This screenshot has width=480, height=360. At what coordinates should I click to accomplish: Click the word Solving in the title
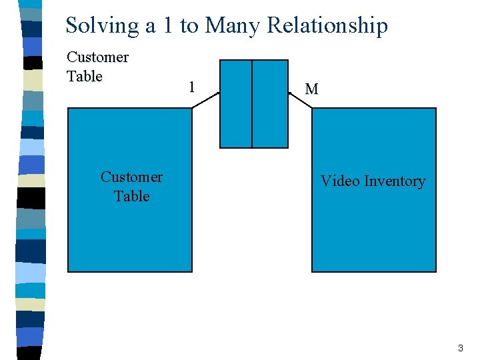102,25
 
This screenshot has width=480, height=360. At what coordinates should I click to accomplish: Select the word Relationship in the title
327,25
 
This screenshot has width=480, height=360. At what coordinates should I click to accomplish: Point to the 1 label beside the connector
191,87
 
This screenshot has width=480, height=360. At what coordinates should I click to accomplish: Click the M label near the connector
311,89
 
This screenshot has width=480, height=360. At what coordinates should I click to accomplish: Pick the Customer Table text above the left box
97,67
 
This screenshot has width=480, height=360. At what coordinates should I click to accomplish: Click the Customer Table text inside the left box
131,186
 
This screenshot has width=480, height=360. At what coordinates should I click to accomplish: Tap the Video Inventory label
373,181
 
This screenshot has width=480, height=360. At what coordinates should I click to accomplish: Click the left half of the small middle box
236,103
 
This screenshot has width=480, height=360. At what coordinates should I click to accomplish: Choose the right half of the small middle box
270,103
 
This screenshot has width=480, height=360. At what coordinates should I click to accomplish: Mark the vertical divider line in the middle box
252,103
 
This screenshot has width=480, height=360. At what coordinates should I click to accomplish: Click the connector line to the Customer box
205,101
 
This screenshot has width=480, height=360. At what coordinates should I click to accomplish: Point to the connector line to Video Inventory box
300,101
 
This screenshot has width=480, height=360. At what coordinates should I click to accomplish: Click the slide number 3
460,349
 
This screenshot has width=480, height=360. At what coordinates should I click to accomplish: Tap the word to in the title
189,25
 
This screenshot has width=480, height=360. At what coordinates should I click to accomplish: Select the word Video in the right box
337,181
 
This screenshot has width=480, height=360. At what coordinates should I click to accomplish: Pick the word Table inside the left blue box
131,196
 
